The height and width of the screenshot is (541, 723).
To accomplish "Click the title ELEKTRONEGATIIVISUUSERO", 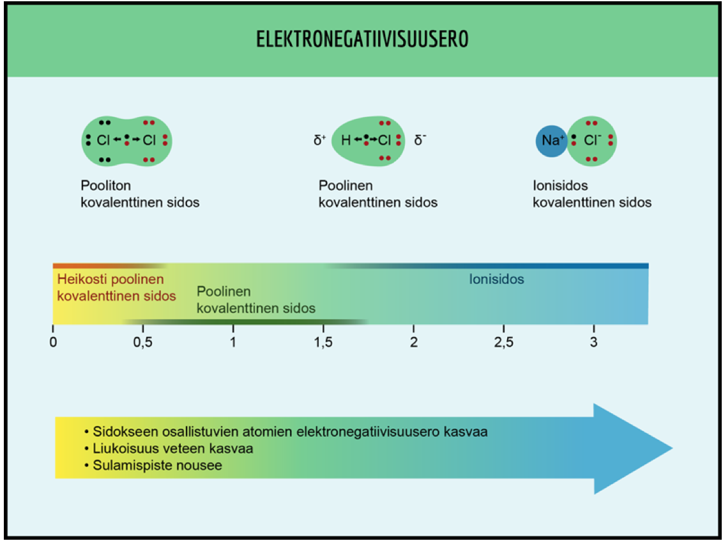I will coord(362,40).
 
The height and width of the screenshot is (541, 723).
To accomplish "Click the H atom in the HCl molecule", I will coord(346,140).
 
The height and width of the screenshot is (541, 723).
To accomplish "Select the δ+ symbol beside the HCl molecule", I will coord(320,140).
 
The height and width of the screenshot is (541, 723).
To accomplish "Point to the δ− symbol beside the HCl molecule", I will coord(420,140).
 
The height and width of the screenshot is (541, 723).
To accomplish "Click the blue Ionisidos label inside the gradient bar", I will coord(496,279).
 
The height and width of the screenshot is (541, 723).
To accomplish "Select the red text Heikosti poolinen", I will coord(110,279).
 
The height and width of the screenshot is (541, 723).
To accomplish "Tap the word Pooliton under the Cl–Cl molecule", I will coord(105,186).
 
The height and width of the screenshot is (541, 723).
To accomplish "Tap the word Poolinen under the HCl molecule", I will coord(346,186).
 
